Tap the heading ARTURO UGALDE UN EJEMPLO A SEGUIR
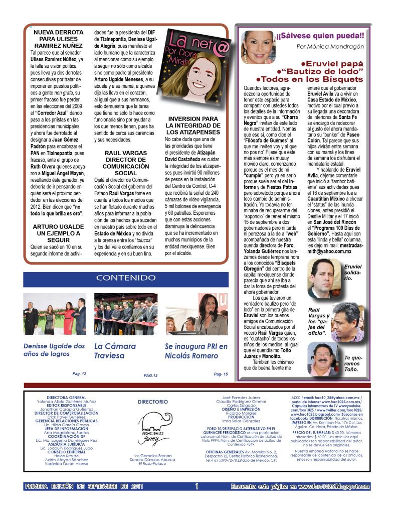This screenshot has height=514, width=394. [58, 233]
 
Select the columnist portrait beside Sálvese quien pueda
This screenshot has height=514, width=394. [258, 47]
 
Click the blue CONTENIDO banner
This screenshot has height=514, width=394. [126, 278]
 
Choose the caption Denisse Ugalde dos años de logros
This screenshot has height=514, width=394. [54, 350]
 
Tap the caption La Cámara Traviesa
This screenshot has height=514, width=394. [115, 350]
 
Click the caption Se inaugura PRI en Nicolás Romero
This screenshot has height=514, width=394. [196, 350]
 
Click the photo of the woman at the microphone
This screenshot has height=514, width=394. [196, 315]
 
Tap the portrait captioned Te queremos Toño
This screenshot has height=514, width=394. [323, 359]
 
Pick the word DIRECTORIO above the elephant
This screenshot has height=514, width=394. [152, 402]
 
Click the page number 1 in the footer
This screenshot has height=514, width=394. [197, 486]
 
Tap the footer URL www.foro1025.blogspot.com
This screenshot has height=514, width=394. [333, 486]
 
